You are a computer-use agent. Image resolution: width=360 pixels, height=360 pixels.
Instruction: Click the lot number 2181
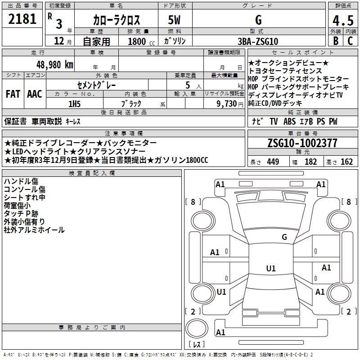coord(22,19)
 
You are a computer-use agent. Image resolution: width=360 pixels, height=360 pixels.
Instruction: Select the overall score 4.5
coord(342,21)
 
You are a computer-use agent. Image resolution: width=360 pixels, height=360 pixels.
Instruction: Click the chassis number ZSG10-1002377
coord(302,143)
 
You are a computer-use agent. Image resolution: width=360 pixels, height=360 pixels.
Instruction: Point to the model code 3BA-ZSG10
coord(258,41)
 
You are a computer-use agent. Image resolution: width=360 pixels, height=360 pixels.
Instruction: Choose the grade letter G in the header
coord(258,20)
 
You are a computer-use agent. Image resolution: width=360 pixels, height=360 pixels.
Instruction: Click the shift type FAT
coord(13,94)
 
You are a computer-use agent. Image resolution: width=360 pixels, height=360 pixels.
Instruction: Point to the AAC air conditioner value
coord(34,94)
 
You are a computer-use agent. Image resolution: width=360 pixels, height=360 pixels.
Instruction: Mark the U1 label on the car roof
coord(271,269)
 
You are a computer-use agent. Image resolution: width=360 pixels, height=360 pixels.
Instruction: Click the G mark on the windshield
coord(284,237)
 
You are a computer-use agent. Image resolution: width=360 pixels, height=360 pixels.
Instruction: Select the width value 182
coord(310,162)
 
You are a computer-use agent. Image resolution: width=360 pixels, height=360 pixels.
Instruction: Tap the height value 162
coord(346,162)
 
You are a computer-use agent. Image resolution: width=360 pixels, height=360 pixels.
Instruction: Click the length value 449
coord(273,162)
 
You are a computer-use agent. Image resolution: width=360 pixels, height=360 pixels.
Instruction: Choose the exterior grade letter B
coord(335,41)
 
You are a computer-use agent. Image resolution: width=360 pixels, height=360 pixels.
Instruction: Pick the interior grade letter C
coord(350,41)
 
